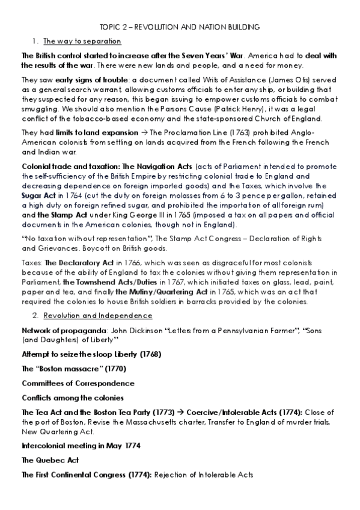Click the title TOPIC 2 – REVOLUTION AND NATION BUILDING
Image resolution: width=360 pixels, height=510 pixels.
[180, 27]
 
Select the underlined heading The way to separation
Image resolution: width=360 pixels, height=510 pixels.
[82, 41]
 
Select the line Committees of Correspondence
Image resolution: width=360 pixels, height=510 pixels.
[78, 382]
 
